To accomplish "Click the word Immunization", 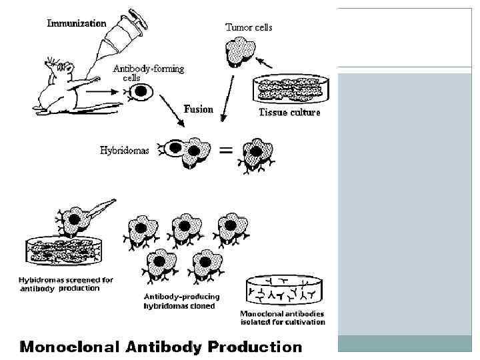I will click(77, 23).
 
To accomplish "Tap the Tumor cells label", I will click(249, 27).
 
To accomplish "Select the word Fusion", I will click(199, 109).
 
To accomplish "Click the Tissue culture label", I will click(289, 113).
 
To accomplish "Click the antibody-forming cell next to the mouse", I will click(142, 93).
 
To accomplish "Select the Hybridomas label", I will click(125, 151).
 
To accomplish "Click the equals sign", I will click(226, 151).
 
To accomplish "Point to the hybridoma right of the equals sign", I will click(257, 153).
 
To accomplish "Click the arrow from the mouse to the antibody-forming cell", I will click(103, 88).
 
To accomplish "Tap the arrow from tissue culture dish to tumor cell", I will click(265, 63).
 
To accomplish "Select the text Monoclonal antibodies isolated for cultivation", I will click(283, 318).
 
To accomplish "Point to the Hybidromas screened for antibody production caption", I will click(65, 284).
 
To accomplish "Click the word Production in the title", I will click(255, 347).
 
